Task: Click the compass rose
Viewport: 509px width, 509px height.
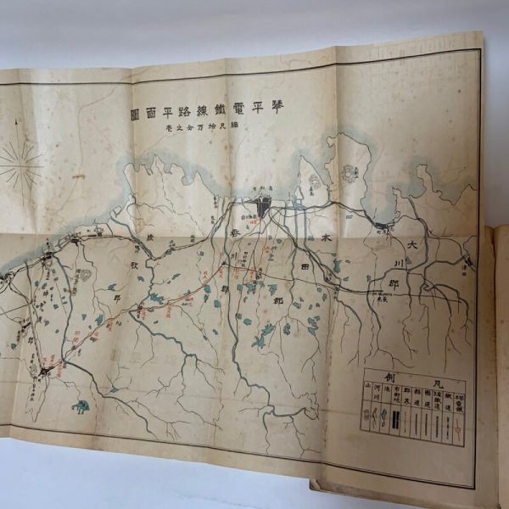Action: click(22, 163)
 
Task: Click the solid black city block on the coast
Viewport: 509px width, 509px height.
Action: click(265, 204)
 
